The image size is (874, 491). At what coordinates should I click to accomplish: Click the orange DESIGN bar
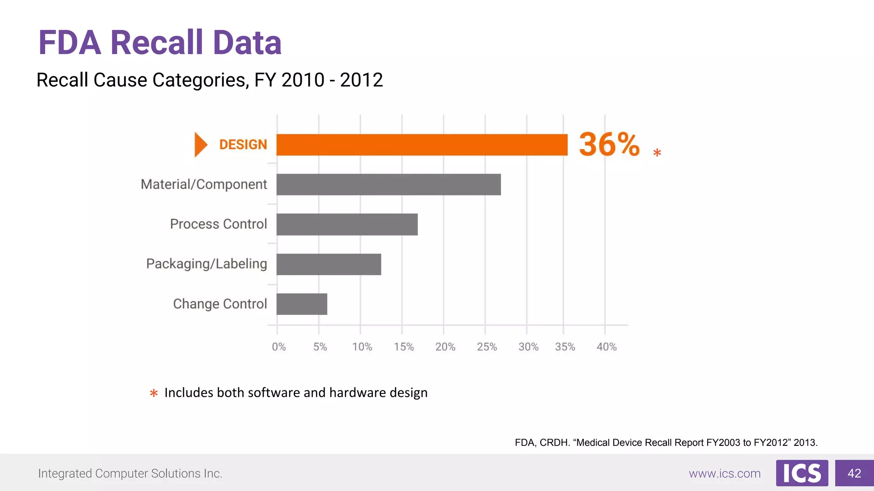422,145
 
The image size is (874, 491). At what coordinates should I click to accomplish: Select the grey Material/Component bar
388,185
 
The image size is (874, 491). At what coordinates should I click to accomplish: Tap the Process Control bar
347,224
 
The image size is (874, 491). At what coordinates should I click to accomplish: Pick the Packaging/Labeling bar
329,264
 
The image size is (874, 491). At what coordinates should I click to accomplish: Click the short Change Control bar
302,304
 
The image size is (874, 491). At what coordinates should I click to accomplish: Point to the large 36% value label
609,144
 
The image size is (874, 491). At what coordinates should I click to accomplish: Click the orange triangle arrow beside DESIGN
200,144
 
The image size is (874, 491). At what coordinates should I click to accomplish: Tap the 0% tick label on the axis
279,347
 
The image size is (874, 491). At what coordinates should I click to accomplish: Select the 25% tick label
487,347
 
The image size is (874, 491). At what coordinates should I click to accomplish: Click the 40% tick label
606,347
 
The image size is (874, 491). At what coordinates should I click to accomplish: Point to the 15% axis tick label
404,347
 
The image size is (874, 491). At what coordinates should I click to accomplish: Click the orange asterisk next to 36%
657,153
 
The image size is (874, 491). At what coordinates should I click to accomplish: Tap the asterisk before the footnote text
154,393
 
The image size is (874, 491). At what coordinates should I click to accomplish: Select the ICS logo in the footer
802,473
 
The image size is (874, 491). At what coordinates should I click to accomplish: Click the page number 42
854,473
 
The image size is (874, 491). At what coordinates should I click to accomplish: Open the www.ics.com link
725,474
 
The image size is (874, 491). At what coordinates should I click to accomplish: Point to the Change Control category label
220,304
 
